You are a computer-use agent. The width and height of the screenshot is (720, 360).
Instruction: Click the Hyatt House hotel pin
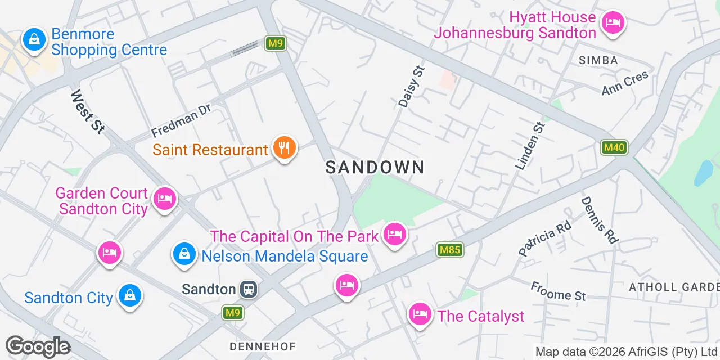point(613,24)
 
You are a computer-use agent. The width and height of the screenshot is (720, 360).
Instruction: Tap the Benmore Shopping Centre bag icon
point(34,40)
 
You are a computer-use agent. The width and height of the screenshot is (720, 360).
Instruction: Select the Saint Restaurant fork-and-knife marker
point(285,148)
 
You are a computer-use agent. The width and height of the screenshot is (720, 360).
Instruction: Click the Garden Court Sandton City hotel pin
point(164,199)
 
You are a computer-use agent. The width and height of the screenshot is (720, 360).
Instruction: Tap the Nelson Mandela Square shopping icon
point(184,254)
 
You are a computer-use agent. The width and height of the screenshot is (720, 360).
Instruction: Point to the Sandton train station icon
point(249,290)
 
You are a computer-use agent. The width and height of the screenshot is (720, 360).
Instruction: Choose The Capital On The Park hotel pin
point(394,234)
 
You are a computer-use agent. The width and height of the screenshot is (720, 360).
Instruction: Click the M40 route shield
point(613,147)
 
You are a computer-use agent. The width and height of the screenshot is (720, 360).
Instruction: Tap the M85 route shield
point(450,250)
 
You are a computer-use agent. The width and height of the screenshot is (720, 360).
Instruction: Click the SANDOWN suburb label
point(375,167)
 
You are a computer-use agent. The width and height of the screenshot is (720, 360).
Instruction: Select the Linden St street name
point(530,146)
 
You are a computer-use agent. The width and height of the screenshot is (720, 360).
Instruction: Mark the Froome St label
point(558,291)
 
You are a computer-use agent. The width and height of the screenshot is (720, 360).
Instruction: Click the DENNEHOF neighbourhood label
point(262,345)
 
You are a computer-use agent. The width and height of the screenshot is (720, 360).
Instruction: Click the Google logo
point(38,346)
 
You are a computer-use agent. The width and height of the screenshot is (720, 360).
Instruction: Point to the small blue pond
point(704,173)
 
